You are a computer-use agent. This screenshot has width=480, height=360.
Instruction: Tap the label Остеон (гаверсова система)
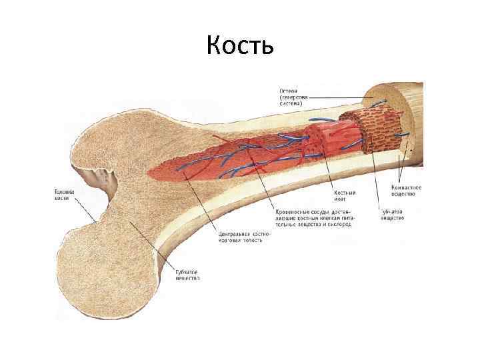tap(291, 97)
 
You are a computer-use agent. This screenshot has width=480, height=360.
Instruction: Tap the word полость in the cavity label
tap(251, 241)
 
